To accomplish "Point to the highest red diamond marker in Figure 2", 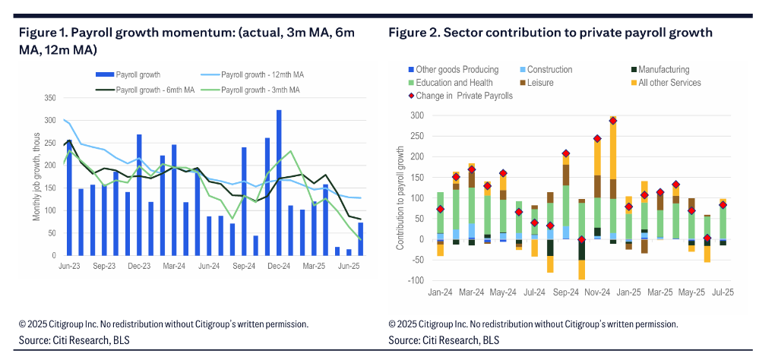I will point(613,121).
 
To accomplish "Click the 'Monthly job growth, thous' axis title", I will point(36,179).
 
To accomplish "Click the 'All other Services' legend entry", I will point(669,83).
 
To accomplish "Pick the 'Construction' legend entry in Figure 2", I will point(549,70).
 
